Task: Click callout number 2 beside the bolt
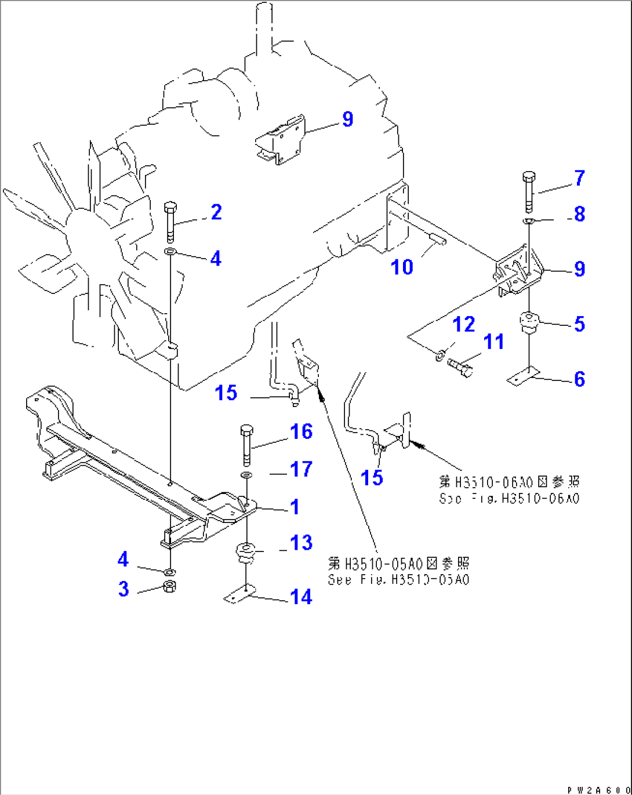[x=216, y=212]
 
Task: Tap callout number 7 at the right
[x=580, y=178]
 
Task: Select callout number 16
[x=302, y=431]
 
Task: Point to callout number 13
[x=302, y=543]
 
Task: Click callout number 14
[x=302, y=597]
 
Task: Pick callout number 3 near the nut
[x=124, y=589]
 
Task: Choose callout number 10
[x=402, y=267]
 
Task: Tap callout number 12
[x=464, y=324]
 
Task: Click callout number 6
[x=580, y=379]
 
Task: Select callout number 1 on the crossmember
[x=295, y=507]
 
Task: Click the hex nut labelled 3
[x=170, y=586]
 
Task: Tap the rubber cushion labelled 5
[x=529, y=321]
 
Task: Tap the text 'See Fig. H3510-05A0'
[x=398, y=579]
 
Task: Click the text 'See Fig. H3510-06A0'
[x=508, y=498]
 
